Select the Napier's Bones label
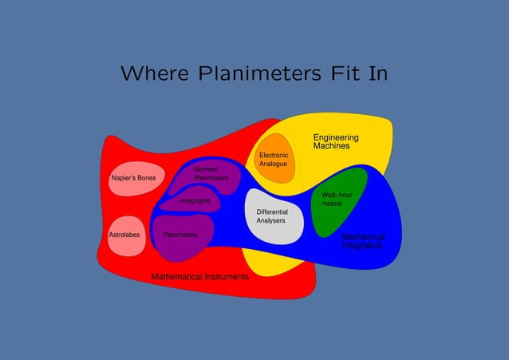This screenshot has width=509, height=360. click(133, 177)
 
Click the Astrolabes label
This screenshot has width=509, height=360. click(124, 235)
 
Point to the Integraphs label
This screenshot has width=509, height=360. click(195, 201)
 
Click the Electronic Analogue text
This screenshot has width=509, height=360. click(274, 160)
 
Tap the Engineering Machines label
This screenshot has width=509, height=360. click(335, 142)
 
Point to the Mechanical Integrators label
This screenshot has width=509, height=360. click(362, 241)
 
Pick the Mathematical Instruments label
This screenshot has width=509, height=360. click(200, 276)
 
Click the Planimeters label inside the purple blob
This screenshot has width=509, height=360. click(180, 235)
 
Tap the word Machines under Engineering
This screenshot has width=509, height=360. click(331, 147)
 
